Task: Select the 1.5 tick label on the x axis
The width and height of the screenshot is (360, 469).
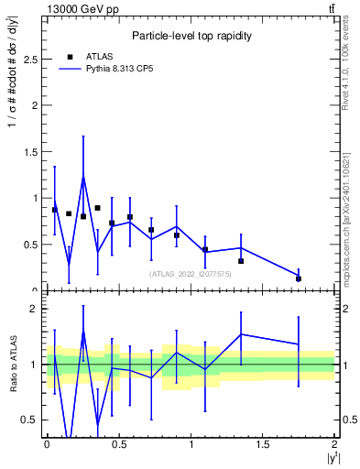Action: click(263, 444)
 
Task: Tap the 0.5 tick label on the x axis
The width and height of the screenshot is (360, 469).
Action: click(118, 444)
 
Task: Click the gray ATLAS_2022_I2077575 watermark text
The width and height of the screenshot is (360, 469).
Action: click(191, 273)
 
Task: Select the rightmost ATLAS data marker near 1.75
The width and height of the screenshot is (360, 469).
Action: click(299, 278)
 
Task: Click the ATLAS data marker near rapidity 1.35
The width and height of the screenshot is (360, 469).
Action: click(241, 261)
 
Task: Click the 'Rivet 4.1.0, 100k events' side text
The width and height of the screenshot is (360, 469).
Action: click(351, 70)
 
